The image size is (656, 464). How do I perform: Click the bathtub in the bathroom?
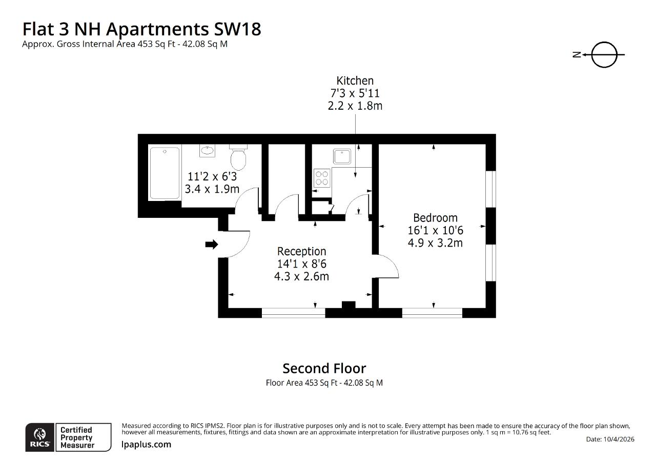pos(165,173)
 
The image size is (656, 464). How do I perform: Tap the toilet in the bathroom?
pos(238,157)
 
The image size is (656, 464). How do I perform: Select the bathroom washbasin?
pos(207,151)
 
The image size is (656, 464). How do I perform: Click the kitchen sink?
pos(342,156)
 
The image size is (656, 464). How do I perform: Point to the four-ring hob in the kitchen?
pos(322,178)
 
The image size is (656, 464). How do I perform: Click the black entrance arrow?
pos(212,244)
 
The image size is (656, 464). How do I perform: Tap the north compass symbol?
pos(599,55)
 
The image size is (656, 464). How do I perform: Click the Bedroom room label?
pos(435,218)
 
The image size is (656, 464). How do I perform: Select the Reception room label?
pos(302,251)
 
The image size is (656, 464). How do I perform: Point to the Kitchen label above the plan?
pos(355,80)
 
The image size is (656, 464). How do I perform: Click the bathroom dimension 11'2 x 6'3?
pos(212,176)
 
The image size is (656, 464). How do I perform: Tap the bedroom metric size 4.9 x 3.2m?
pos(435,243)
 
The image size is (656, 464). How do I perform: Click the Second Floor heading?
pos(324,369)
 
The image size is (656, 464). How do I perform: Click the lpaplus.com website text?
pos(146,445)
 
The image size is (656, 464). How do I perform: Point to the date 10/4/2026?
pos(619,439)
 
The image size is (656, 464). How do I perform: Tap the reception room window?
pos(294,313)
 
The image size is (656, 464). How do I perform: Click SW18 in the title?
pos(237,29)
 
